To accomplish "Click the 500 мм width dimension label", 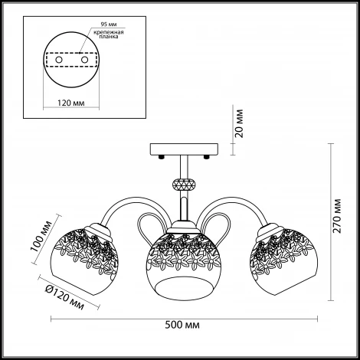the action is point(182,326).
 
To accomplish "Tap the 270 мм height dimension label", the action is point(338,215).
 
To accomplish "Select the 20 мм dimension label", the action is point(240,123).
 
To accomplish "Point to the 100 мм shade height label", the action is point(41,236).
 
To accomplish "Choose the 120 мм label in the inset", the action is point(70,103).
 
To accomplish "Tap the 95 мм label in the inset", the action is point(109,25).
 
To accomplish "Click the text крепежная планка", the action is point(109,34).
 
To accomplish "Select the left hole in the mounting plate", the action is point(59,60).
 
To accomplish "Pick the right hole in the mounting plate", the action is point(84,60).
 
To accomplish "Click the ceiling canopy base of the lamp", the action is point(184,149).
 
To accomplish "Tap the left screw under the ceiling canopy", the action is point(161,157).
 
